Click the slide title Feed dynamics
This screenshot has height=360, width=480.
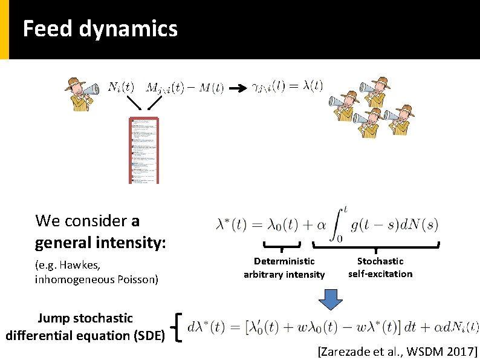[100, 28]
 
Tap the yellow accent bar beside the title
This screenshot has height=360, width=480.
[4, 30]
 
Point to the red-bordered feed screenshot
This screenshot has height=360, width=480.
[144, 151]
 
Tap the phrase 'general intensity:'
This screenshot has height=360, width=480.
[100, 243]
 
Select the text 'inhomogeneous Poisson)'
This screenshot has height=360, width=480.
[97, 279]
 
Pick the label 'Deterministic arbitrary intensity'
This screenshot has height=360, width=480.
[284, 267]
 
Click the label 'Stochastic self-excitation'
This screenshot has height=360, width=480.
[380, 267]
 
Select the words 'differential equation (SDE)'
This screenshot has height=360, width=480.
[85, 335]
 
